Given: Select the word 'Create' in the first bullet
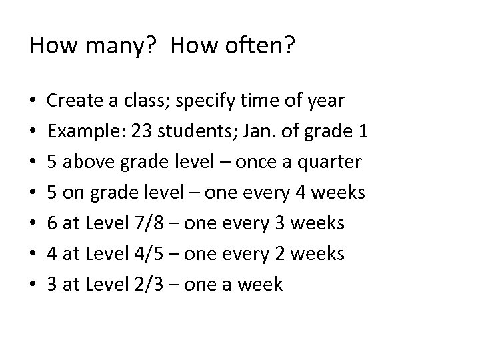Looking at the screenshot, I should point(72,101).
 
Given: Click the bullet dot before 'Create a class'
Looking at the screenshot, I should point(33,103).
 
